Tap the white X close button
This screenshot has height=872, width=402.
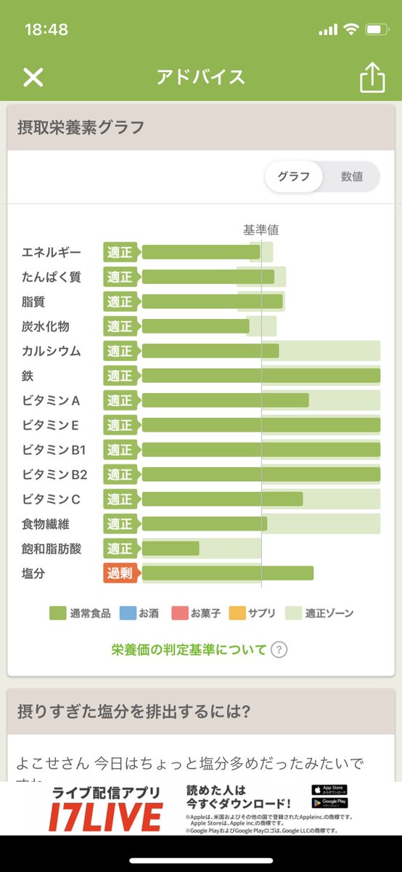tap(33, 77)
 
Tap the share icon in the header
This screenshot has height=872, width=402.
tap(372, 77)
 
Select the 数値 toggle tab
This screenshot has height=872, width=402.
tap(351, 177)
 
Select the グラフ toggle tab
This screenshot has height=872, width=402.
tap(293, 177)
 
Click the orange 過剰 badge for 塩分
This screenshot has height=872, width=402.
tap(120, 573)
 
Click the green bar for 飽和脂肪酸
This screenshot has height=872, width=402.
tap(171, 549)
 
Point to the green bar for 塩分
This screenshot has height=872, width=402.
tap(228, 573)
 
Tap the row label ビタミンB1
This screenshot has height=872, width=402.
tap(54, 450)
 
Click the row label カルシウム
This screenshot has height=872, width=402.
tap(51, 351)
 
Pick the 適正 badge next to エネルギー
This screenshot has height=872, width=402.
tap(120, 252)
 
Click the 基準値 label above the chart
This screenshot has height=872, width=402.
tap(261, 230)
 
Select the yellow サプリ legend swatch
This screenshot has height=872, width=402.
tap(237, 613)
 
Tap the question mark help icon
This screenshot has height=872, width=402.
tap(279, 650)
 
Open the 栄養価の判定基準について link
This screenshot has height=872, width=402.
tap(189, 650)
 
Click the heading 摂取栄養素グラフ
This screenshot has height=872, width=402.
tap(81, 128)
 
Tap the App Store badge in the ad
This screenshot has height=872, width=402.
tap(329, 789)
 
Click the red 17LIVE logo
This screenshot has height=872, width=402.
tap(105, 817)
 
